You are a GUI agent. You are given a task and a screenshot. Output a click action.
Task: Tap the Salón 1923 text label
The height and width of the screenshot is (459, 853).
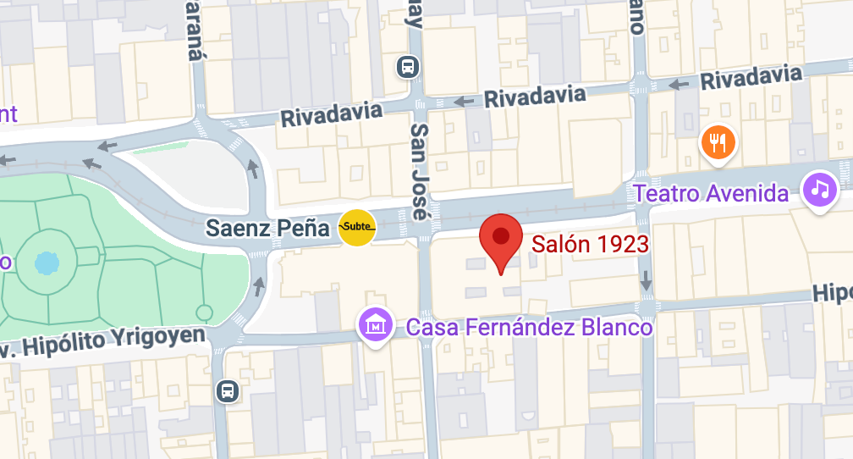(x=590, y=245)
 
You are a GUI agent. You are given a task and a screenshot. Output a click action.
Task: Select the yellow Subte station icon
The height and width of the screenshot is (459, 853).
(x=356, y=227)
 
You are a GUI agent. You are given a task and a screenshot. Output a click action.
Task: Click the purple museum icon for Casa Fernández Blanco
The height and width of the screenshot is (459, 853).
(x=375, y=324)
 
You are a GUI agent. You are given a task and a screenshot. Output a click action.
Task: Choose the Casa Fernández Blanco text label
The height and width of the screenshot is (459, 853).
(x=530, y=327)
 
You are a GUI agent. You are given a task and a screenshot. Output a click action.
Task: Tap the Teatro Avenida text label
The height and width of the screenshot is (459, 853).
(x=711, y=193)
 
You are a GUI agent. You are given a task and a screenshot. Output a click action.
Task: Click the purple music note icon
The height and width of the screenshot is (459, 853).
(x=819, y=189)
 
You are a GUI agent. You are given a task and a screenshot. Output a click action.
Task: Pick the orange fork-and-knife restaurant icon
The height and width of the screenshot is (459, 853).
(x=718, y=142)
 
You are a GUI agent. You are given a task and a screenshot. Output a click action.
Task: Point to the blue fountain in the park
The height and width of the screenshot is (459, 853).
(x=45, y=263)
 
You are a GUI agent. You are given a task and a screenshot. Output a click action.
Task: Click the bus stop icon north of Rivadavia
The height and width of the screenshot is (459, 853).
(x=408, y=65)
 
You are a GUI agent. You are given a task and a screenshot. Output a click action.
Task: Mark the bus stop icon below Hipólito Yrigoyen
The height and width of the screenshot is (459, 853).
(x=227, y=390)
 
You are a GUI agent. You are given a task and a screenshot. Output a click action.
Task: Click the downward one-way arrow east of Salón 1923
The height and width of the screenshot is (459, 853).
(x=647, y=280)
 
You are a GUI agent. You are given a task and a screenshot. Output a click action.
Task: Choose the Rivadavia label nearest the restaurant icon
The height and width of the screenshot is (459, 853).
(x=751, y=79)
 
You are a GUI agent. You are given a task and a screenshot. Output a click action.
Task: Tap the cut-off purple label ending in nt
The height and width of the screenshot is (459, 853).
(x=8, y=114)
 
